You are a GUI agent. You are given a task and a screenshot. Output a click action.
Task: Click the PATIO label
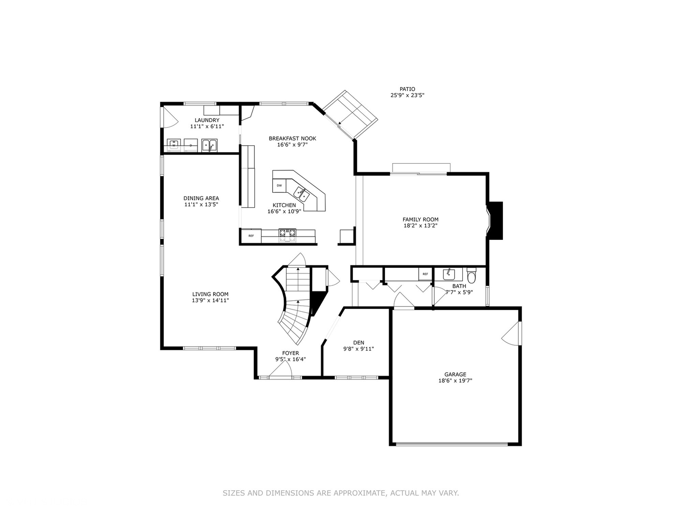coord(407,89)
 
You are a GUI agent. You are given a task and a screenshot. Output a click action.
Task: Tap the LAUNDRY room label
coord(207,120)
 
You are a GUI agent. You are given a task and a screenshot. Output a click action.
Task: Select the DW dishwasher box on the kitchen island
coord(279,185)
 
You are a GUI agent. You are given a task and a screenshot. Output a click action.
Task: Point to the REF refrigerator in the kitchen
coord(251,236)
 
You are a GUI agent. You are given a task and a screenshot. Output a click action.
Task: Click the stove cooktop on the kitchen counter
coord(287,233)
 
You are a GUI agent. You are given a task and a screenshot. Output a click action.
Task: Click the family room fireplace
coord(495,220)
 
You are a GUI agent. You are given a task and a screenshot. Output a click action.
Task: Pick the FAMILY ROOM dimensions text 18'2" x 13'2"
coord(421,226)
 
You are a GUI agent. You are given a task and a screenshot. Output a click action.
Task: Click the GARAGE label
coord(455,374)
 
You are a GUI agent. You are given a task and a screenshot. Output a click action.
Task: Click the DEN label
coord(359,343)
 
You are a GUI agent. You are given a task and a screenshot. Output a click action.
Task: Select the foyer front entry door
coord(280,374)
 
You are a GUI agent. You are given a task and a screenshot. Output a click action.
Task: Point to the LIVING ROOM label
coord(210,294)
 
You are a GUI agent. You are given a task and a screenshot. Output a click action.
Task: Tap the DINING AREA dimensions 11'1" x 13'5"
coord(201,204)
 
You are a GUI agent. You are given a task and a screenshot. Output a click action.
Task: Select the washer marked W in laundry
coord(174,144)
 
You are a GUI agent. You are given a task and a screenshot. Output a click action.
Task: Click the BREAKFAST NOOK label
coord(292,138)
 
